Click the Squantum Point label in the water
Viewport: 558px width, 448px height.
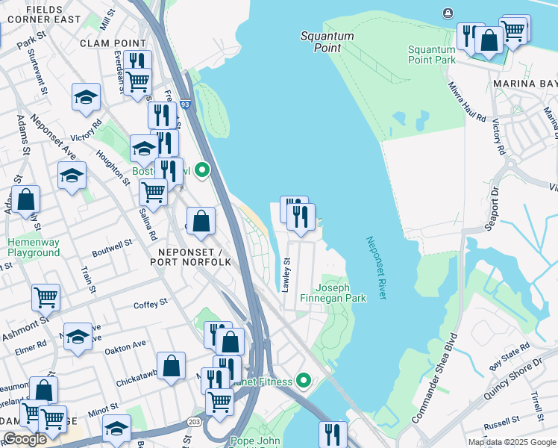click(327, 41)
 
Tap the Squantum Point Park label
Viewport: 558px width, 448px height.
click(431, 55)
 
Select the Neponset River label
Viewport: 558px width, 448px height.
click(376, 268)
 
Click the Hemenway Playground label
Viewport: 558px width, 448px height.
click(34, 248)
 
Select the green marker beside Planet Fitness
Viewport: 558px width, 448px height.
click(303, 381)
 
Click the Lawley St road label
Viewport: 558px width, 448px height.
click(287, 274)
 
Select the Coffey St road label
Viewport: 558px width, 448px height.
click(151, 304)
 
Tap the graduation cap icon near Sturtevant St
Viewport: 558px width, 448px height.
click(86, 96)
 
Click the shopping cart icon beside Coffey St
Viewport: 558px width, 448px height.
click(46, 297)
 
